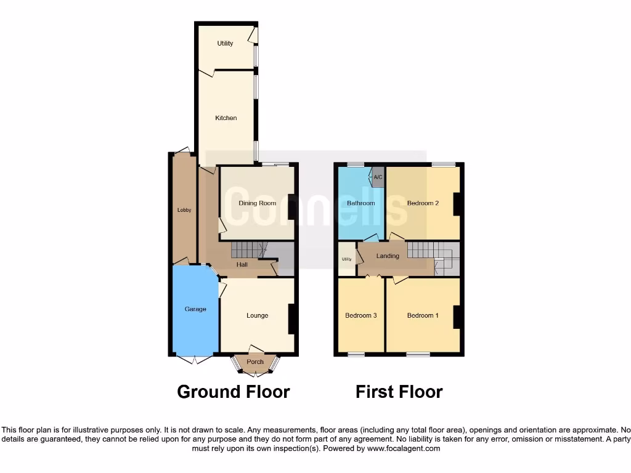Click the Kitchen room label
[226, 118]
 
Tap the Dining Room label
[258, 203]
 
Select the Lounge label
[257, 315]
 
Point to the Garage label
[195, 309]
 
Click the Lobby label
[184, 210]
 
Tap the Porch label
[255, 362]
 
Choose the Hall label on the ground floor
[242, 265]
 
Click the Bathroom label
[360, 203]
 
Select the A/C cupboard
[378, 177]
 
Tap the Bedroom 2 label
[423, 203]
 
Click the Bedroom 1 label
[423, 315]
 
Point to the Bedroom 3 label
[360, 315]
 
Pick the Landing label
[388, 256]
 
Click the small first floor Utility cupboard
[347, 259]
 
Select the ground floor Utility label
[225, 43]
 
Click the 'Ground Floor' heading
[234, 392]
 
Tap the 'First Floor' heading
[399, 392]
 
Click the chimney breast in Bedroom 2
[457, 204]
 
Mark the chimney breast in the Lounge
[292, 319]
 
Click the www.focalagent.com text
[404, 449]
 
